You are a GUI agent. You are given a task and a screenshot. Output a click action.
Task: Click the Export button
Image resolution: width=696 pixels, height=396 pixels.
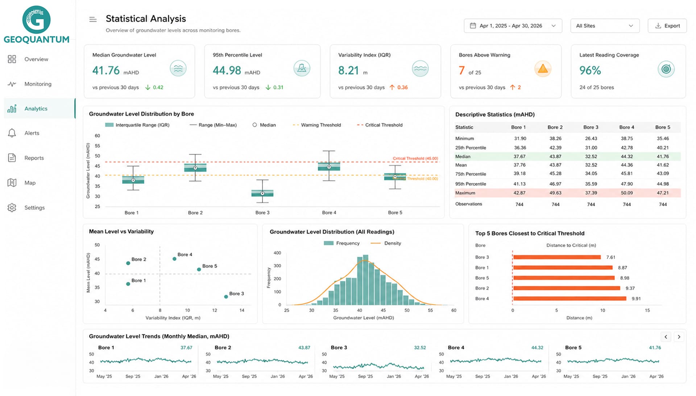(667, 26)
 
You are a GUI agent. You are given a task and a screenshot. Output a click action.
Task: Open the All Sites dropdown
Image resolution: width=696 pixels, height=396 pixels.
(605, 26)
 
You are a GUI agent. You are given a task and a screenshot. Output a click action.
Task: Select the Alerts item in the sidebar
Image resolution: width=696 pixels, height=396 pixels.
(32, 133)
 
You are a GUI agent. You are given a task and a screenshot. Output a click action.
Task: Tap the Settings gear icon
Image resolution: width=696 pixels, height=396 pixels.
(12, 208)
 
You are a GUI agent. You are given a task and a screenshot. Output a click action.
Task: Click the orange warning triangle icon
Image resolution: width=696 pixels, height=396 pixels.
(543, 69)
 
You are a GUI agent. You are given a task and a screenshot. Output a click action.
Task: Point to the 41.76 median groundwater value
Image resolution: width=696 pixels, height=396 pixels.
(106, 70)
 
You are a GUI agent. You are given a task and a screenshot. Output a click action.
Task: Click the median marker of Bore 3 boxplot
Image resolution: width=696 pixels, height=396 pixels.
(262, 193)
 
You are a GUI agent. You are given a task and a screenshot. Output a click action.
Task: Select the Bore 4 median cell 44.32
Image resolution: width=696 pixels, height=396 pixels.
(627, 156)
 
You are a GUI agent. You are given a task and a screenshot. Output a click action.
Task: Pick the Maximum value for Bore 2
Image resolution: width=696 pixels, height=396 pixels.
(555, 193)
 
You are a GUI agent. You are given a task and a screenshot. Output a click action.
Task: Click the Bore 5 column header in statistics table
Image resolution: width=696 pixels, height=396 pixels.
(663, 127)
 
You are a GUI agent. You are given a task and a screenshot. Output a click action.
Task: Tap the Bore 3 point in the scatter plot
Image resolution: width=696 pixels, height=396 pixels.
(226, 297)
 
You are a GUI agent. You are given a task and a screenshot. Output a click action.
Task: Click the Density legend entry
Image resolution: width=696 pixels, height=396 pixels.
(386, 243)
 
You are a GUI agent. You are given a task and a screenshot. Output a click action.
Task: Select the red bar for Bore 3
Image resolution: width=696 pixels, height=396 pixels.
(557, 257)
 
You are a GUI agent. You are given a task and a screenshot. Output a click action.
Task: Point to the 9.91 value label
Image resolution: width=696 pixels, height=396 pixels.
(636, 299)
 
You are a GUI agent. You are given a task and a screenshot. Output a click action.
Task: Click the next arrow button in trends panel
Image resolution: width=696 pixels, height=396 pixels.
(679, 337)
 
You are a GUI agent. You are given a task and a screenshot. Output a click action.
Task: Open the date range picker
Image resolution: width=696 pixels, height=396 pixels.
(513, 26)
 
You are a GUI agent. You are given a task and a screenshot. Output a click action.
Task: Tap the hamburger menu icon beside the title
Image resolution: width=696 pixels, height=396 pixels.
(93, 20)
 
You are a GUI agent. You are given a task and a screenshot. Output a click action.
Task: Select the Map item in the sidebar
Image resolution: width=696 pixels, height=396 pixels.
(30, 183)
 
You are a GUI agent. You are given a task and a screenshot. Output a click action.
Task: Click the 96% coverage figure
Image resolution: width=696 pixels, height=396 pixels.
(590, 70)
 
